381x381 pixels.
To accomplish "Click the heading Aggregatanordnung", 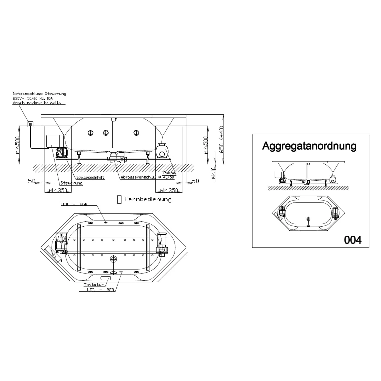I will tap(309, 146).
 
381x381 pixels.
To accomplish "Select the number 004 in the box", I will tap(353, 240).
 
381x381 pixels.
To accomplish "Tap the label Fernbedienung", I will tap(148, 199).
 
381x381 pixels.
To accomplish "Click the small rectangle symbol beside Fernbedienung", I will tap(119, 199).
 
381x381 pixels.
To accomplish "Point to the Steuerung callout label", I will tap(71, 183).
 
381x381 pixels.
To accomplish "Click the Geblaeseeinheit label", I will tap(90, 178).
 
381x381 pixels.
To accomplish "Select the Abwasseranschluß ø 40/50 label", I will tap(147, 177).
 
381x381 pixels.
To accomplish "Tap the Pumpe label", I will tap(169, 173).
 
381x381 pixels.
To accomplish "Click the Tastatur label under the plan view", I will tap(94, 285).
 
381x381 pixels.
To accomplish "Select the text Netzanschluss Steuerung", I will tap(39, 94).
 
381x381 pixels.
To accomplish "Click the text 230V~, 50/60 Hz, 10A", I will tap(33, 98).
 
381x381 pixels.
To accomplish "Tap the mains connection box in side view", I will tap(30, 124).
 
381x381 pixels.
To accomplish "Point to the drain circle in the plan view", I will tap(114, 259).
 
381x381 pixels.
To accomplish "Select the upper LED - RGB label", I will tap(74, 204).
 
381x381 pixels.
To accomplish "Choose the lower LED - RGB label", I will tap(100, 290).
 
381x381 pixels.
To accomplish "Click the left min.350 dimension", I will tap(58, 190).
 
